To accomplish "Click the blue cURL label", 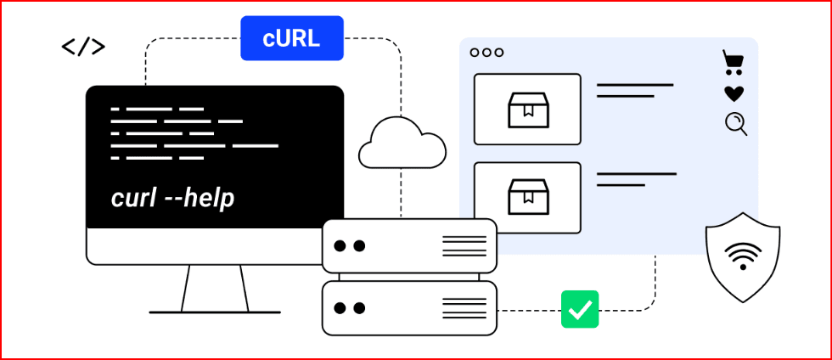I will point(291,38).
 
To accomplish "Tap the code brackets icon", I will point(83,47).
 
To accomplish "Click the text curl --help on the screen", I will point(172,198).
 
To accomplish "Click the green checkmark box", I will point(580,309).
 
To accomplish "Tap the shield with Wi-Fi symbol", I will point(743,256).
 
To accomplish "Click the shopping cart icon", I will point(734,62).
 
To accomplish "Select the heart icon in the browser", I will point(734,93).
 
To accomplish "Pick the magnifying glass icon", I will point(736,124).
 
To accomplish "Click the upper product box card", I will point(527,109).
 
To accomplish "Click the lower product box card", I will point(527,197).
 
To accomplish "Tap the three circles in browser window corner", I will point(486,52).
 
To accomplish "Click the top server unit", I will point(409,246).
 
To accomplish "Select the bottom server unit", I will point(409,308).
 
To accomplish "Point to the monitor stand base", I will point(215,311).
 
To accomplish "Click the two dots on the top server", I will point(350,246).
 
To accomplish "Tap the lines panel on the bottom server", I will point(464,308).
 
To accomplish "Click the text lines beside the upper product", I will point(634,90).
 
